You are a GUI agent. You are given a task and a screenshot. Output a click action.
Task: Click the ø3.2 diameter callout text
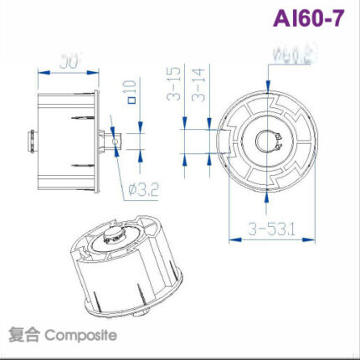pyautogui.click(x=144, y=189)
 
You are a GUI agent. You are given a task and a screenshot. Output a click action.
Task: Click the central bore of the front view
pyautogui.click(x=269, y=140)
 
